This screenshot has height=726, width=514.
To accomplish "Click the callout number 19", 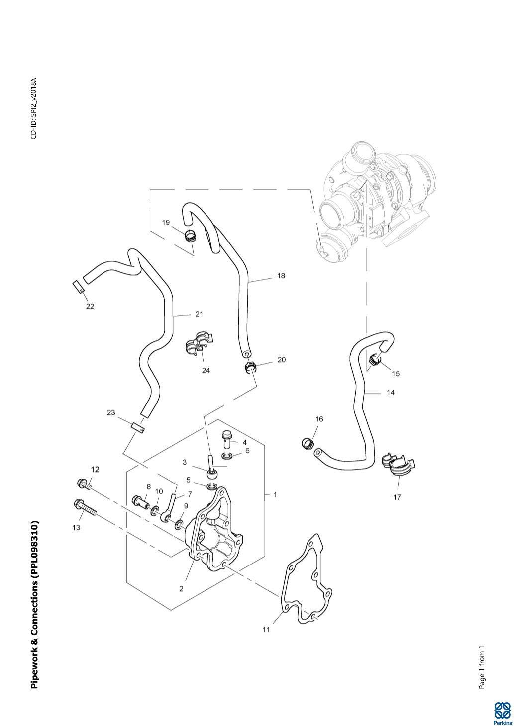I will [x=166, y=222].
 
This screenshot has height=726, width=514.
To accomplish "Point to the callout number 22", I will [x=90, y=306].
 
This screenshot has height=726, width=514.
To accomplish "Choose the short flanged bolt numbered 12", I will [x=84, y=483].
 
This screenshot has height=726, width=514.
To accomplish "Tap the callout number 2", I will [x=181, y=589].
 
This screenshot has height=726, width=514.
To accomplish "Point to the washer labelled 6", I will [x=226, y=456].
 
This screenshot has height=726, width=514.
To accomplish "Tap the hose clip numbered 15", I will [x=375, y=360].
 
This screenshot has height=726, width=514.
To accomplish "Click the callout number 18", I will [x=281, y=276].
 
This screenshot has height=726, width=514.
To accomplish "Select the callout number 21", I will [x=199, y=314].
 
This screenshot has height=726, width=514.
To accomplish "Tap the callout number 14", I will [x=391, y=393].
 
